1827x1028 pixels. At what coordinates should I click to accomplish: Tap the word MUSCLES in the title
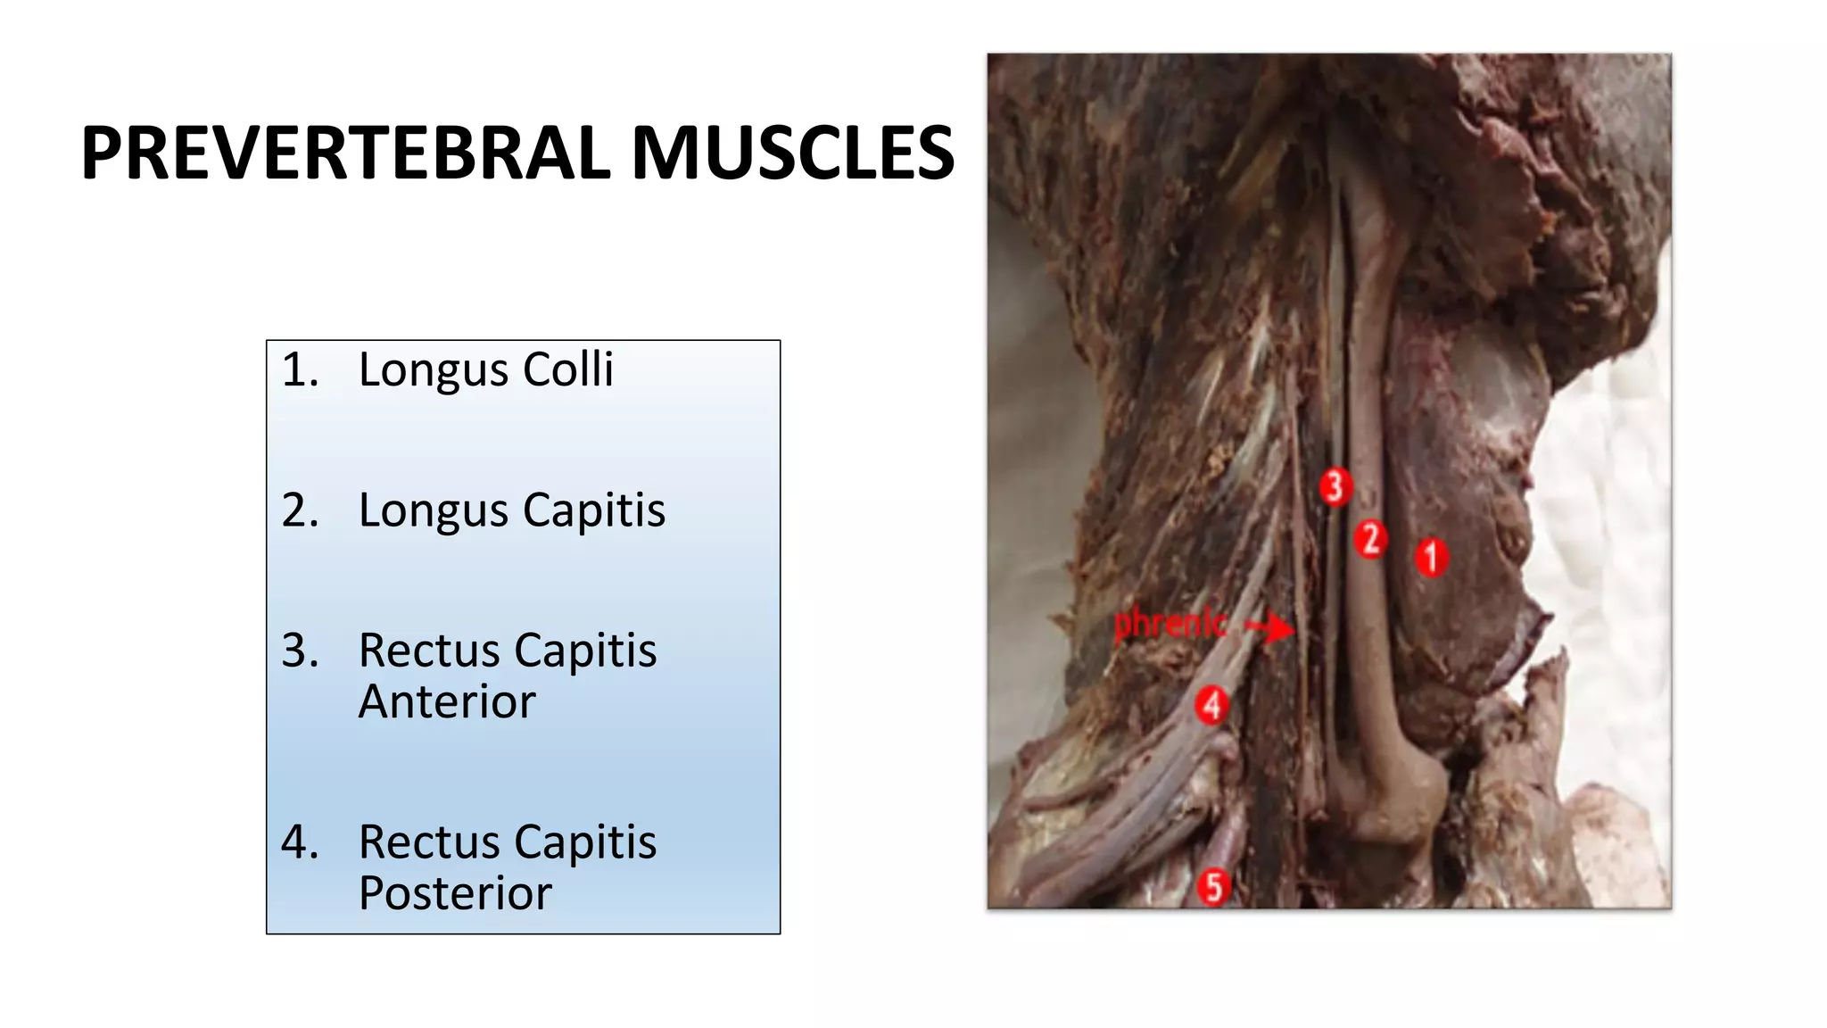pos(793,153)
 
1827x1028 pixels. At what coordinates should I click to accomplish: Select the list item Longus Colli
pos(485,369)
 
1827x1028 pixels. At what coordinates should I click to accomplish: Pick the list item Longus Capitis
pos(511,510)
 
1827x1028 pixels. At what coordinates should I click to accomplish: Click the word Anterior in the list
pos(446,701)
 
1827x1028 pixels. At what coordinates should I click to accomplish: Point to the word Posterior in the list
pos(455,893)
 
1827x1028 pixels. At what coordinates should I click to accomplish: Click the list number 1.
pos(300,369)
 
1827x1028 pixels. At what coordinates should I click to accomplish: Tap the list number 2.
pos(300,510)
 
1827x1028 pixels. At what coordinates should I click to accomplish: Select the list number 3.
pos(300,651)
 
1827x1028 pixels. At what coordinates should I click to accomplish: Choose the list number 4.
pos(300,842)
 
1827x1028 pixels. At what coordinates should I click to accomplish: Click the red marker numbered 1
pos(1432,558)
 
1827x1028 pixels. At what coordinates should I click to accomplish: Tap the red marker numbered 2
pos(1370,539)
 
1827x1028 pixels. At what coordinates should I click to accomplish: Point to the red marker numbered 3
pos(1335,487)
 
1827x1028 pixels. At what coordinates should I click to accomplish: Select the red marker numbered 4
pos(1211,705)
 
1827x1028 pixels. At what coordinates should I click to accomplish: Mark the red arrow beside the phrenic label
pos(1270,626)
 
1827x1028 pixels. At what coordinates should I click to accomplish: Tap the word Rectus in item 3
pos(427,651)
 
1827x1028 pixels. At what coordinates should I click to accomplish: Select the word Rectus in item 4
pos(427,842)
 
